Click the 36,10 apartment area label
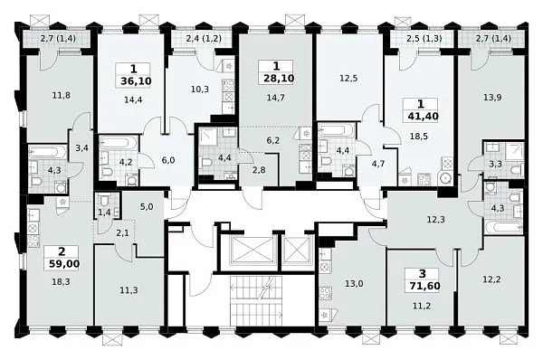[136, 81]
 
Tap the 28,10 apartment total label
[279, 78]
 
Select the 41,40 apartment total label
[424, 116]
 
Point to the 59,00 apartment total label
[64, 264]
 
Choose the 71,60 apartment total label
[424, 286]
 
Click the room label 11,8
[62, 95]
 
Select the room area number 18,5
[419, 136]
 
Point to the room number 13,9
[492, 98]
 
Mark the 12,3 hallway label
[436, 220]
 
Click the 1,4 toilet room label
[104, 213]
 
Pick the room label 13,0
[354, 284]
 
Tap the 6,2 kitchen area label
[273, 140]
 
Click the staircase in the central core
[256, 300]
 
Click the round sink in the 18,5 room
[445, 178]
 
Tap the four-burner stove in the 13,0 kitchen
[326, 293]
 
